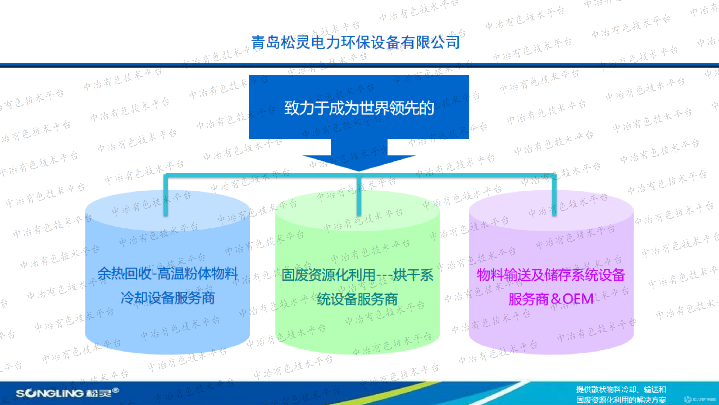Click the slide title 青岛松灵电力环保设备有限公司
(355, 42)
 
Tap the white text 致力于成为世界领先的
(359, 109)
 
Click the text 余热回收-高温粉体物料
(167, 274)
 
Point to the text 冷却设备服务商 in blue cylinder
(167, 298)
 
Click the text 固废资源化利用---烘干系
(357, 275)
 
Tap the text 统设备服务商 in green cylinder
(357, 299)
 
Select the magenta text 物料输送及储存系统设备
(551, 275)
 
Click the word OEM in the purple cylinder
(578, 299)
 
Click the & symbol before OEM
(556, 299)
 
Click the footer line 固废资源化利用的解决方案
(621, 400)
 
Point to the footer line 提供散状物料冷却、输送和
(621, 389)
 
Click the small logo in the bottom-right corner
(687, 400)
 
